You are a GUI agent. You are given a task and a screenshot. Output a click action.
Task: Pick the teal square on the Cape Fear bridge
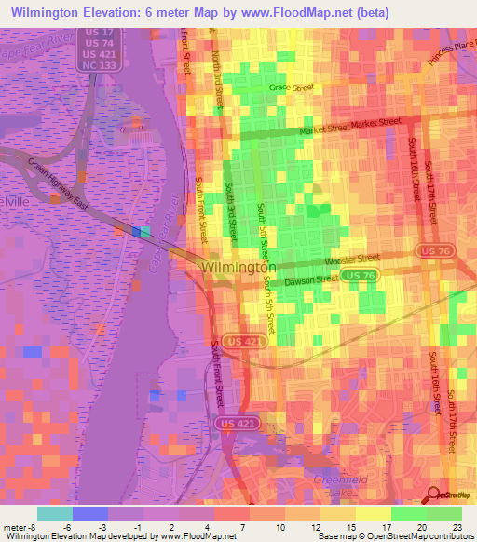(145, 231)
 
